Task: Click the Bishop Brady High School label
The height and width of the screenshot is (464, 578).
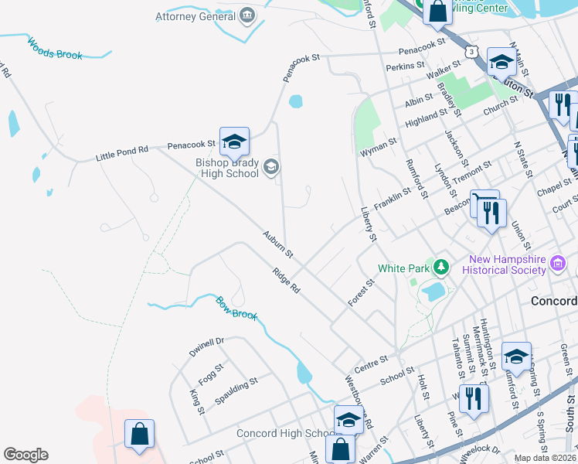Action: pos(226,168)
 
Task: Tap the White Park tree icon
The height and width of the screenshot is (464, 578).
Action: pos(441,268)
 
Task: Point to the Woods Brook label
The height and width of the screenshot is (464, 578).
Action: pos(55,48)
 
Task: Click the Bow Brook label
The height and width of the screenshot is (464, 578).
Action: pos(235,309)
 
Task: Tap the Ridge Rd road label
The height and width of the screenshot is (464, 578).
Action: pos(286,279)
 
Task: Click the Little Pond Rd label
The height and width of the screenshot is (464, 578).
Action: pos(121,155)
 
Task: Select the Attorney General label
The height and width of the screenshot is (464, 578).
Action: pos(195,15)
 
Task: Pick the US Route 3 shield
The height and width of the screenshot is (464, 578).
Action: pos(470,50)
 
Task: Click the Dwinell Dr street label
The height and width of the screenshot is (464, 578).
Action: pos(206,346)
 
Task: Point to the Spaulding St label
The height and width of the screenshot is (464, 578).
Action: pos(236,384)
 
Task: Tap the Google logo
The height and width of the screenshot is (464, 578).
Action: pos(25,455)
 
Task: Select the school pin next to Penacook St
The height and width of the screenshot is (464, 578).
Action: pos(234,142)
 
